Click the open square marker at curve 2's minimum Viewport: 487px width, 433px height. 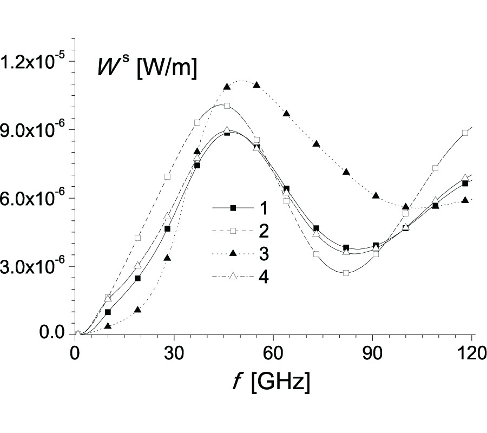coord(346,273)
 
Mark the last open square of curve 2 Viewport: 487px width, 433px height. coord(465,133)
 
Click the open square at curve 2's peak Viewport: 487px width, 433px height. coord(227,106)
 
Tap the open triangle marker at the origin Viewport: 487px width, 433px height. coord(78,333)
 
